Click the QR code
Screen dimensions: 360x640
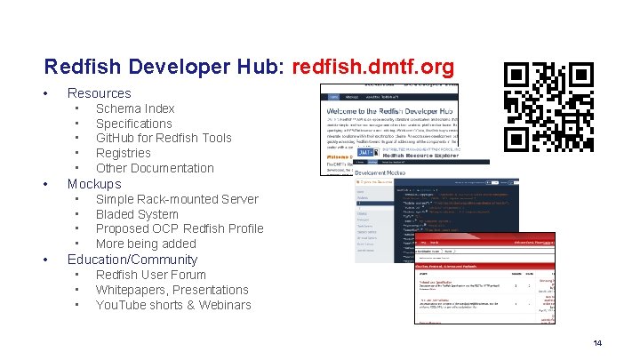(548, 107)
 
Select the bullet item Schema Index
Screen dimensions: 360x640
(135, 108)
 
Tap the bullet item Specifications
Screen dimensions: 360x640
(133, 124)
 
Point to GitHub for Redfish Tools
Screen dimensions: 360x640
(164, 138)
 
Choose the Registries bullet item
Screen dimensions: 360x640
(124, 153)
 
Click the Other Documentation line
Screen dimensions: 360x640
(155, 168)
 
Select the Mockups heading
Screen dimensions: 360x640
(94, 184)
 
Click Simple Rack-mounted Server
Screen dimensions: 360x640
(177, 199)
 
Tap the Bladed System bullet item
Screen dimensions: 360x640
(137, 214)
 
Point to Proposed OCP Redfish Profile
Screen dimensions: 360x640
(180, 228)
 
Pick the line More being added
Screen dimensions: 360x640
(146, 244)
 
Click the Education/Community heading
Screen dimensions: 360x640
(132, 260)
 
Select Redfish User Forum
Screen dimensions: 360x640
(150, 275)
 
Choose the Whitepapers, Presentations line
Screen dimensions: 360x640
(172, 290)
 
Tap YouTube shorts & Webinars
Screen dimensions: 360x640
(173, 305)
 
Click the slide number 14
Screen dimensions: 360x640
(597, 342)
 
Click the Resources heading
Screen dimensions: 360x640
(100, 92)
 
